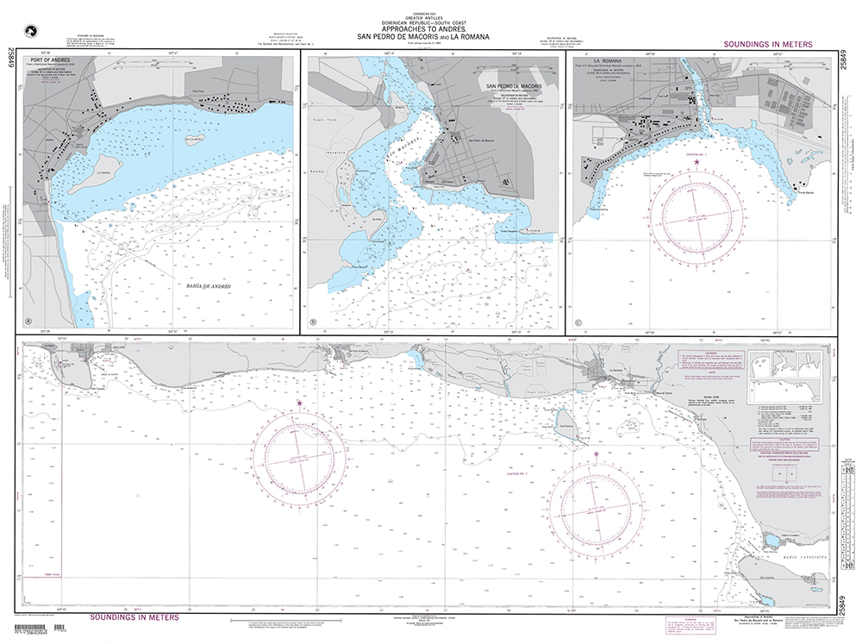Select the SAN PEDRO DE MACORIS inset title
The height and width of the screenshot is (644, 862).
point(514,87)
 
